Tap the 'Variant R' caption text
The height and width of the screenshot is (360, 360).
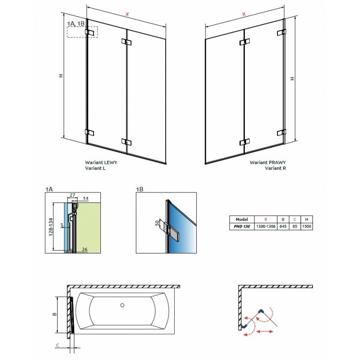(x=275, y=169)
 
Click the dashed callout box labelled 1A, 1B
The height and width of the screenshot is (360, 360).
(x=82, y=32)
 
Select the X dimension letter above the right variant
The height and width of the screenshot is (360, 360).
(x=243, y=14)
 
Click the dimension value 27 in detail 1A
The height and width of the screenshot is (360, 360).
(x=72, y=195)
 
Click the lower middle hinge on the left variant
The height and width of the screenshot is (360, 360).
(x=126, y=142)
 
